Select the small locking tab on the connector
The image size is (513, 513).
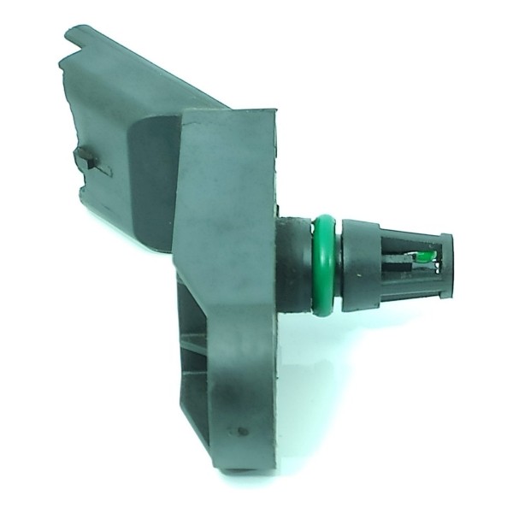coord(91,160)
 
